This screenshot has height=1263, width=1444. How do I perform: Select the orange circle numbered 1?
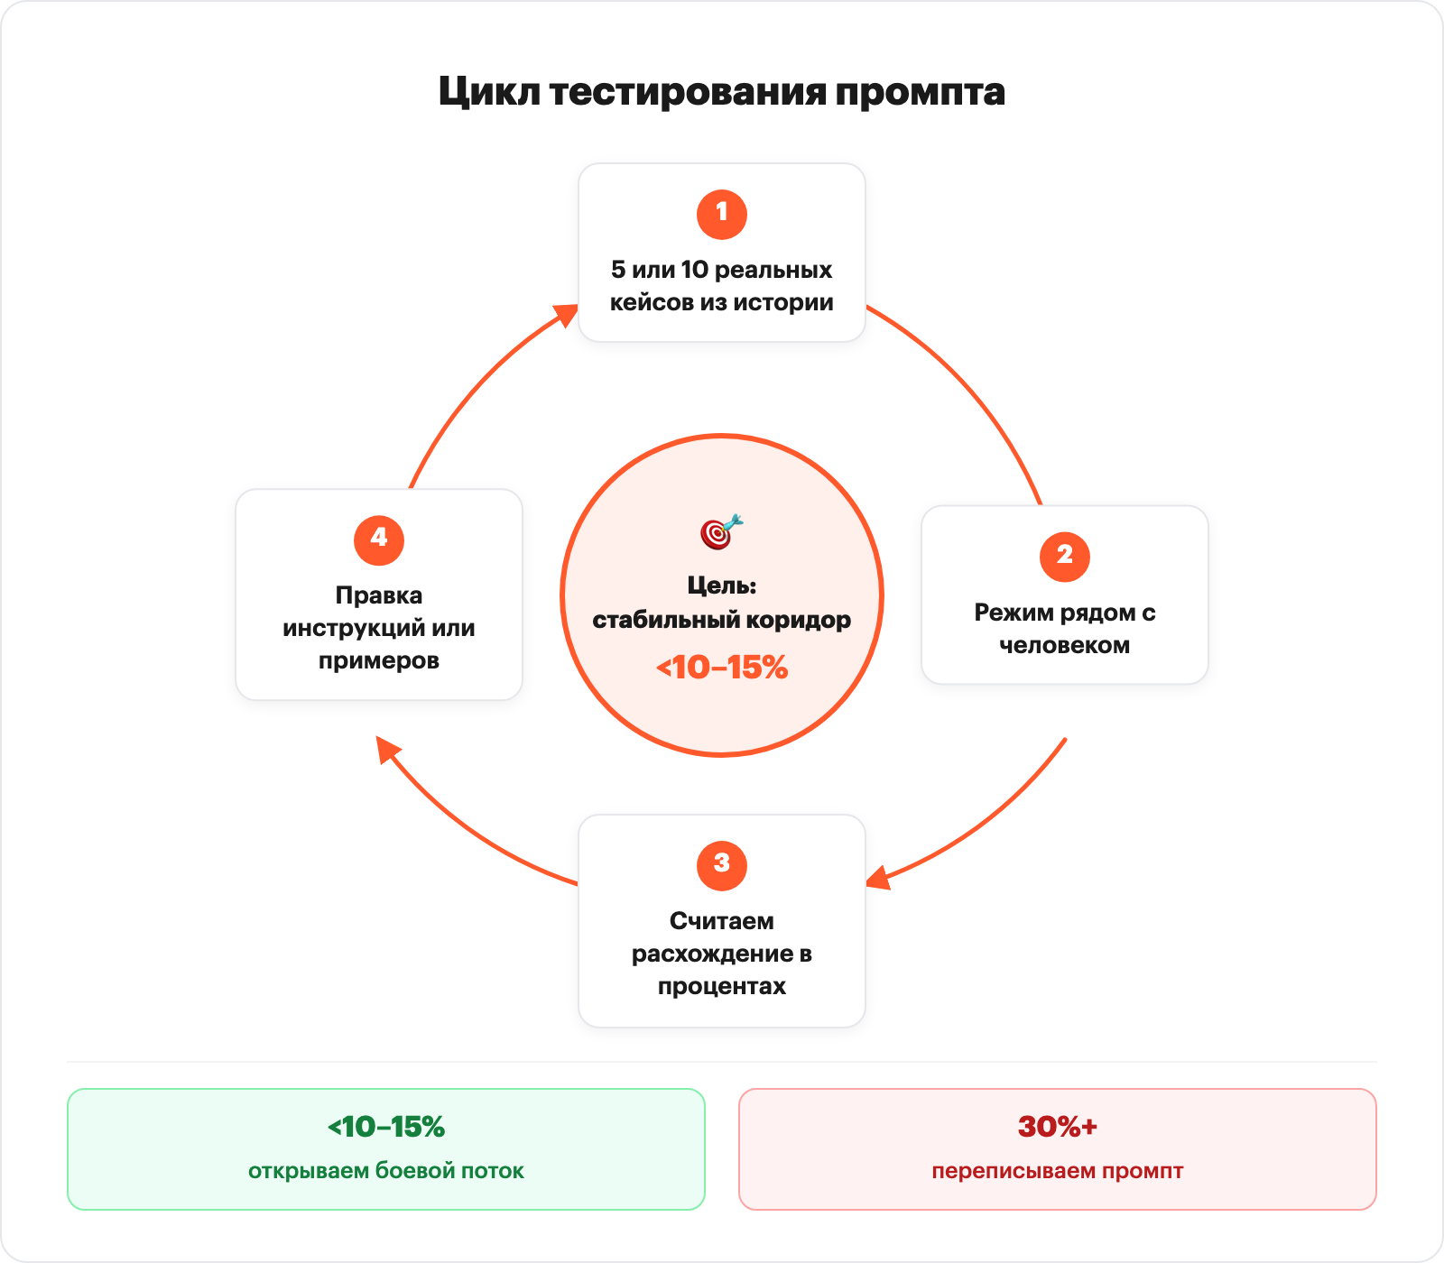(722, 214)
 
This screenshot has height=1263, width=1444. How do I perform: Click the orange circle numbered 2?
(1065, 556)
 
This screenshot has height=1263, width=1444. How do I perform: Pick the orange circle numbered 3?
(722, 864)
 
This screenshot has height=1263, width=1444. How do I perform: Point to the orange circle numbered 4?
(379, 539)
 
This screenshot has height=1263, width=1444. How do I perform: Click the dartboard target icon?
(721, 531)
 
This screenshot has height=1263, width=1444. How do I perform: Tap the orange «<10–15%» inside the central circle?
(722, 668)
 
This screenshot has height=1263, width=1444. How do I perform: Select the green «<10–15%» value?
(386, 1127)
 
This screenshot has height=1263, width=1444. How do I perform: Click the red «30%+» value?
(1058, 1127)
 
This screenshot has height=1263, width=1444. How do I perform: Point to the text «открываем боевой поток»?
(386, 1171)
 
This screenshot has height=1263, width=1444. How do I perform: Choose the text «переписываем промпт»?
(1058, 1171)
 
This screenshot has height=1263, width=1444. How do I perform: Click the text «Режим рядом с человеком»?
(1065, 629)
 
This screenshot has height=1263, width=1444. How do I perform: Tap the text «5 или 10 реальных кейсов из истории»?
(722, 286)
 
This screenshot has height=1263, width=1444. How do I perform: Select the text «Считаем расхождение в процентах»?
(722, 954)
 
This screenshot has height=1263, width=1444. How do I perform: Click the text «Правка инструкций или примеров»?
(379, 628)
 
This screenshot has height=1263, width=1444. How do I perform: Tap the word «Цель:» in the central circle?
(722, 586)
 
